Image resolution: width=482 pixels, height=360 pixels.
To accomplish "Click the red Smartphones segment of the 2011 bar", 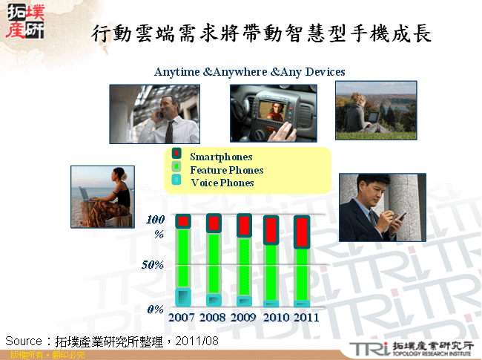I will pos(301,232).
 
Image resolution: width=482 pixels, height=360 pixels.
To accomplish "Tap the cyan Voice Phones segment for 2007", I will pos(183,296).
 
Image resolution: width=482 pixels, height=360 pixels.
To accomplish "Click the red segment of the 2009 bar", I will pos(245,225).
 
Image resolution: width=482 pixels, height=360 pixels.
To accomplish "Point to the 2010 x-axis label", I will pos(275,317).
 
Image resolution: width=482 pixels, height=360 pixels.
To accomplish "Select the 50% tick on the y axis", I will pos(151,264).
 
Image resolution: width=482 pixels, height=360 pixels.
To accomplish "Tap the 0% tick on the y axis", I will pos(154,308).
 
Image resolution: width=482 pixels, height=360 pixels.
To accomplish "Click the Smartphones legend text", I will pos(221,157).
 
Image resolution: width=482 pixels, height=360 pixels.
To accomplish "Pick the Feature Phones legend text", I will pos(226,170).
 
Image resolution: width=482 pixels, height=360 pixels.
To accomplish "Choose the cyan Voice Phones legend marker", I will pos(176,181).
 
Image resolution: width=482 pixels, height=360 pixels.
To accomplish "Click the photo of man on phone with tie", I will pos(154,114).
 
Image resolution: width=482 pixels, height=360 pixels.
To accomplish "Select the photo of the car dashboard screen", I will pos(273,113).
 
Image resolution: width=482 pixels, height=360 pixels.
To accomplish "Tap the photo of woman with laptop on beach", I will pos(102,196).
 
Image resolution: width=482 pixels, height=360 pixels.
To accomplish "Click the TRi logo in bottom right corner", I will pos(370,349).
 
